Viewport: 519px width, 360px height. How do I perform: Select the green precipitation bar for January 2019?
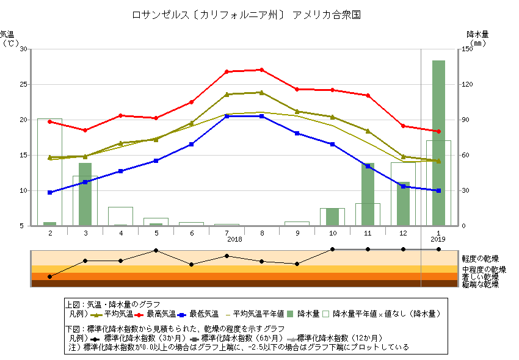(x=438, y=143)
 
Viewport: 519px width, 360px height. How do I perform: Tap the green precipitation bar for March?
(x=85, y=194)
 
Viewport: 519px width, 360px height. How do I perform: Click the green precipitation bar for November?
(x=368, y=194)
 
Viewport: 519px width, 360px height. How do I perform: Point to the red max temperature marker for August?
(x=262, y=70)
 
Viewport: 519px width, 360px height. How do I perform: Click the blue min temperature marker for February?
(x=49, y=192)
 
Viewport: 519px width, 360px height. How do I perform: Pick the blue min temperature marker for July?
(x=227, y=116)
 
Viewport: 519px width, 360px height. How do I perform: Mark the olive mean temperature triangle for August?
(x=262, y=93)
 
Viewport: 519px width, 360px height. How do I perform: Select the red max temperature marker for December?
(x=403, y=126)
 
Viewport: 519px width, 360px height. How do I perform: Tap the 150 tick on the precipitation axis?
(x=466, y=49)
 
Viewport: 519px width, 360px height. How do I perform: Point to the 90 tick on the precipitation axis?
(x=466, y=120)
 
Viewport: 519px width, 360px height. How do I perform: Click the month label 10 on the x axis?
(x=332, y=232)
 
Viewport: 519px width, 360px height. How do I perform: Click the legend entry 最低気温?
(x=204, y=314)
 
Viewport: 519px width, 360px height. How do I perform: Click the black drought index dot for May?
(x=156, y=250)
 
